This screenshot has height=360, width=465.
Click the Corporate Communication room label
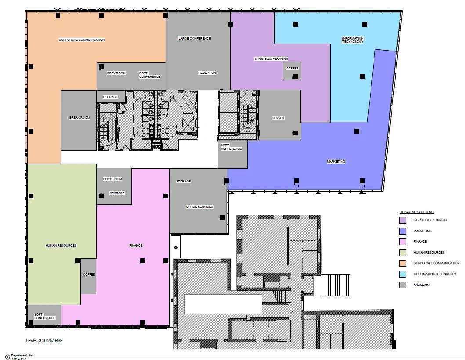[x=82, y=40]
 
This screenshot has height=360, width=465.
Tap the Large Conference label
[x=195, y=39]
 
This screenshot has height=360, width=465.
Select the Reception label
[x=207, y=73]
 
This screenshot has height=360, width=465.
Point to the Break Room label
[x=80, y=118]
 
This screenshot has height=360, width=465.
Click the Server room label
[x=278, y=118]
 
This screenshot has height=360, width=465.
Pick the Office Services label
[x=199, y=207]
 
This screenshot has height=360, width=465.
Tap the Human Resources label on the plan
[x=61, y=246]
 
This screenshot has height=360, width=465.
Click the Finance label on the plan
[x=136, y=246]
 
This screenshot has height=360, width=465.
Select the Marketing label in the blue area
[x=336, y=162]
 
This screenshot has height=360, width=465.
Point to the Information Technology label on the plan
[x=352, y=40]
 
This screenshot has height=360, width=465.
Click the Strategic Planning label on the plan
[x=271, y=59]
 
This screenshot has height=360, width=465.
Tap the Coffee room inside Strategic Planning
[x=292, y=71]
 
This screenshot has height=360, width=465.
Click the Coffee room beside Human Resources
[x=88, y=276]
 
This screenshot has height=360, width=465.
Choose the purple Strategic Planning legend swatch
[x=403, y=220]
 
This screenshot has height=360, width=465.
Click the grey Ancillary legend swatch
[x=403, y=285]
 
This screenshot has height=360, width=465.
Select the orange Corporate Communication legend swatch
[x=403, y=263]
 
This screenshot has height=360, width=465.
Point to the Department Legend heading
[x=416, y=212]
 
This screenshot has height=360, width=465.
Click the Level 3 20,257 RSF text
[x=44, y=340]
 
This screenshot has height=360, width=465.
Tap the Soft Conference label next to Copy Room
[x=149, y=75]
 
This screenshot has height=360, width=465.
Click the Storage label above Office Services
[x=183, y=181]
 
